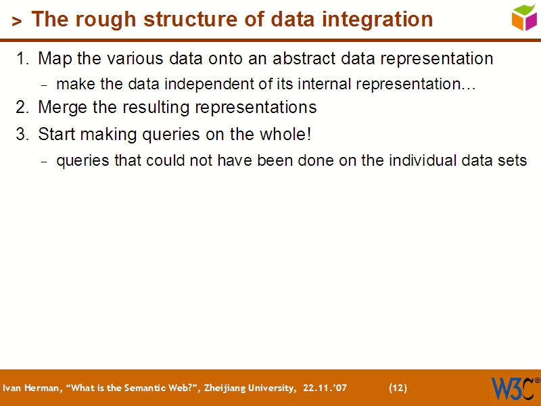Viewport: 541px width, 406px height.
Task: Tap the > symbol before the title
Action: click(17, 22)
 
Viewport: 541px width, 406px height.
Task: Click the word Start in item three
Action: click(57, 135)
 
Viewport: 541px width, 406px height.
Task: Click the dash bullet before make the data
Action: click(45, 86)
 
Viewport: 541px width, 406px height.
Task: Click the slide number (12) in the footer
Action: click(398, 388)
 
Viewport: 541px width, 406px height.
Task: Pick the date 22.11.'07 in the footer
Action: click(325, 388)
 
